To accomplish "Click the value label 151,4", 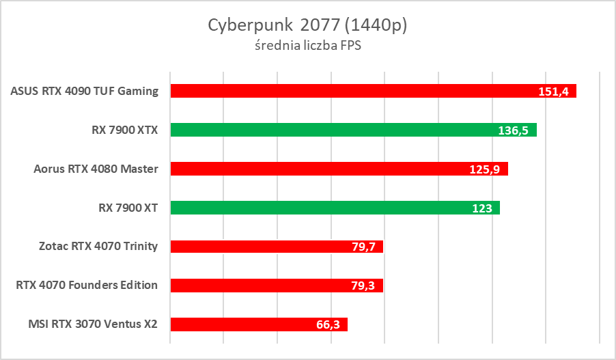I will click(x=553, y=92).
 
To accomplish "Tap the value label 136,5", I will click(x=513, y=130).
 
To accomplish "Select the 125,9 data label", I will click(x=485, y=169).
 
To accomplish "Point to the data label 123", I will click(x=482, y=208).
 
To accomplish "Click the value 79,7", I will click(x=363, y=247).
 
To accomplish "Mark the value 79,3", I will click(x=363, y=286).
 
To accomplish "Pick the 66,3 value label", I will click(x=328, y=324).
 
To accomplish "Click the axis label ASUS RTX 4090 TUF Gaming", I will click(x=85, y=91).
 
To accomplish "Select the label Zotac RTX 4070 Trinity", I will click(x=98, y=246).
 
